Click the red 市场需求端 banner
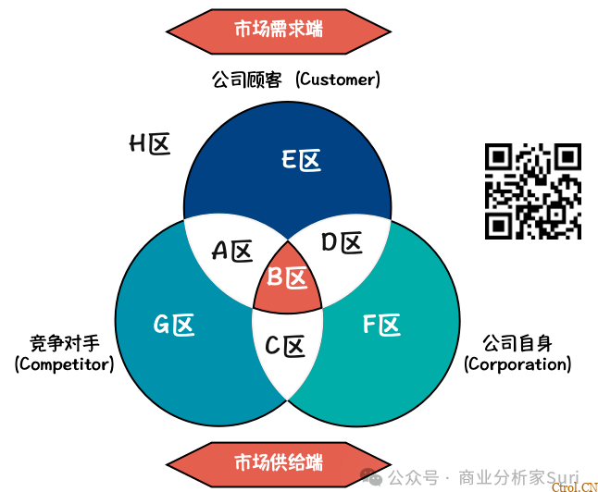(x=279, y=29)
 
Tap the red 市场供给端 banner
(x=279, y=461)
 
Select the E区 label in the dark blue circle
(x=301, y=161)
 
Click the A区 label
(x=232, y=251)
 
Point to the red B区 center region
(x=287, y=277)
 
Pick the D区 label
(x=341, y=243)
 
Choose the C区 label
(x=285, y=347)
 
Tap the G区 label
(x=174, y=325)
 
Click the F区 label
(x=380, y=325)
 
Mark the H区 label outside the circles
(x=149, y=144)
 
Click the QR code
(x=533, y=191)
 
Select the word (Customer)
(x=338, y=80)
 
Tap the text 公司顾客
(x=243, y=80)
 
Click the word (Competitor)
(x=64, y=364)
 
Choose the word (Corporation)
(x=517, y=364)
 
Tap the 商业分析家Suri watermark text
(x=518, y=477)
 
